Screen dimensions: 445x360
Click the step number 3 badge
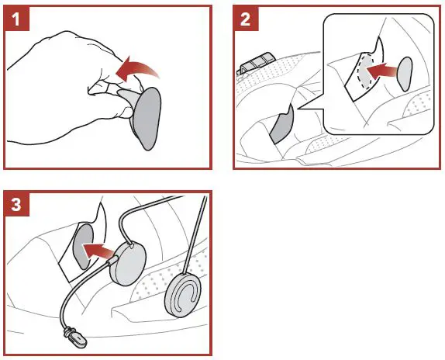tap(16, 203)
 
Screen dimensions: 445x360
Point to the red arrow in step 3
tap(99, 251)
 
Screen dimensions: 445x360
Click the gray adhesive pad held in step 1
tap(147, 119)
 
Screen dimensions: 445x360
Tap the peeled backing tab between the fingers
tap(127, 97)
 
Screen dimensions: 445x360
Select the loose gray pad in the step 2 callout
tap(405, 74)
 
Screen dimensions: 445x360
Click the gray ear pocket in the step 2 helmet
tap(281, 124)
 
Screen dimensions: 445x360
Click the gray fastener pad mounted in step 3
tap(83, 247)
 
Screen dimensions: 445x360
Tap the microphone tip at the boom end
tap(75, 337)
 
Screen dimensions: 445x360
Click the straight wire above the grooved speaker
tap(195, 235)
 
